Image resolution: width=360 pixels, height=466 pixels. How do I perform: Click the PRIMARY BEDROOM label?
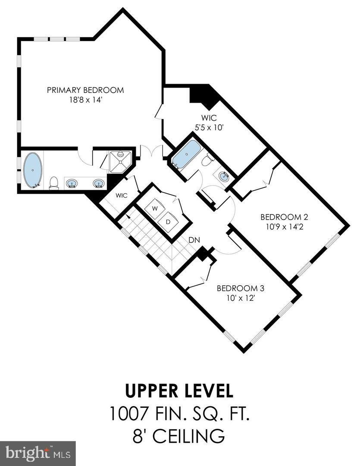point(85,90)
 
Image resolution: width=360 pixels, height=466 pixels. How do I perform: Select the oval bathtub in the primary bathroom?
point(32,170)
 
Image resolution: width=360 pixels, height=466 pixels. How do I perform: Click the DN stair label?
point(193,240)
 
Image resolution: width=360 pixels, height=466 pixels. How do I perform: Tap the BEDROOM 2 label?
point(284,217)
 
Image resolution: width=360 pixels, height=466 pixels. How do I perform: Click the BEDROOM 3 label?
point(240,288)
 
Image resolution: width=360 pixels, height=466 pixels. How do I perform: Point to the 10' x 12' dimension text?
point(240,297)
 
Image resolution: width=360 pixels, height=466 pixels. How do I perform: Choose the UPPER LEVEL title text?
point(179,391)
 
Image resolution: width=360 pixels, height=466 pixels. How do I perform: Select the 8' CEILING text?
point(179,436)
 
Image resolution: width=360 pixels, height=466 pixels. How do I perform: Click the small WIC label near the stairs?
point(122,195)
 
